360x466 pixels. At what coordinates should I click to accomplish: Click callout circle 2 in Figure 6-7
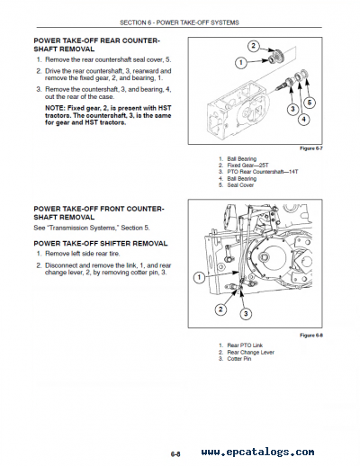[255, 45]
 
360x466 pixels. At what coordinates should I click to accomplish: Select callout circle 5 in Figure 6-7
[312, 102]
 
